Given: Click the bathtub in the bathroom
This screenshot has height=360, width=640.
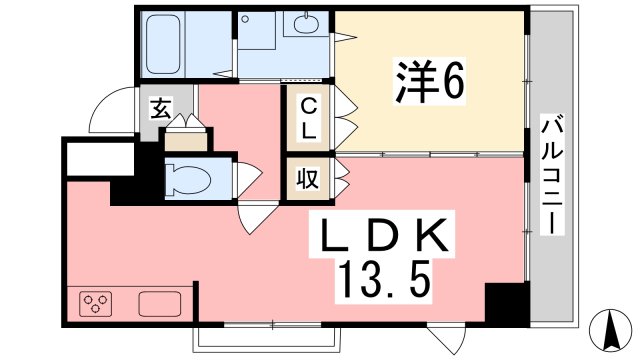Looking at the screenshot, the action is coord(163,44).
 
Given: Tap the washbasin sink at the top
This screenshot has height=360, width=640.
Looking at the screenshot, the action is coord(307,24).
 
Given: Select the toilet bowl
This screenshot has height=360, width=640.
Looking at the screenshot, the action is coord(188,179).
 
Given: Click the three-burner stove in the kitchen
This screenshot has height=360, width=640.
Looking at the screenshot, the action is coord(96,304).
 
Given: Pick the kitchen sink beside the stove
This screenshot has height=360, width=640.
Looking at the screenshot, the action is coord(160,304).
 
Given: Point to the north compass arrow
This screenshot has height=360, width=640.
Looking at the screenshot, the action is coord(611,330).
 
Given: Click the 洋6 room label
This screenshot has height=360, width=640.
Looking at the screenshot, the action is coord(429,82).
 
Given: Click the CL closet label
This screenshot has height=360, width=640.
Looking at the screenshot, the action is coord(308,120).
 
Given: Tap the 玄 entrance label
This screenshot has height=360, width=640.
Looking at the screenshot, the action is coord(161,108).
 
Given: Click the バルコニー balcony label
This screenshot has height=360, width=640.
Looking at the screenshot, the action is coord(552,175).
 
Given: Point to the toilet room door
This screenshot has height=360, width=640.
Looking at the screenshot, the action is coord(248,179).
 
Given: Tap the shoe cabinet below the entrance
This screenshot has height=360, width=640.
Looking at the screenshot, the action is coord(186,141).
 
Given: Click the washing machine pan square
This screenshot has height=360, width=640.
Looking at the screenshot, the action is coord(257,31).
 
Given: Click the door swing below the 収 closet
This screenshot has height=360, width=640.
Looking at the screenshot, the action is coord(255,216).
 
